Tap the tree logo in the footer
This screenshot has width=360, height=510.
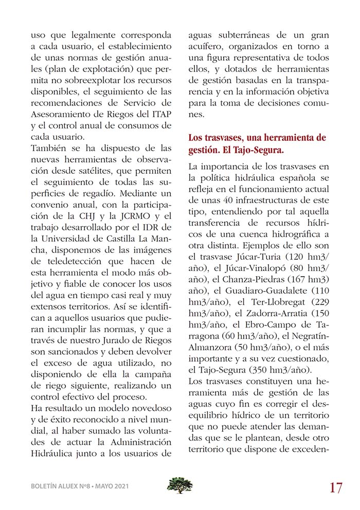click(180, 485)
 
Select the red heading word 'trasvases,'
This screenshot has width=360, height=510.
click(233, 138)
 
